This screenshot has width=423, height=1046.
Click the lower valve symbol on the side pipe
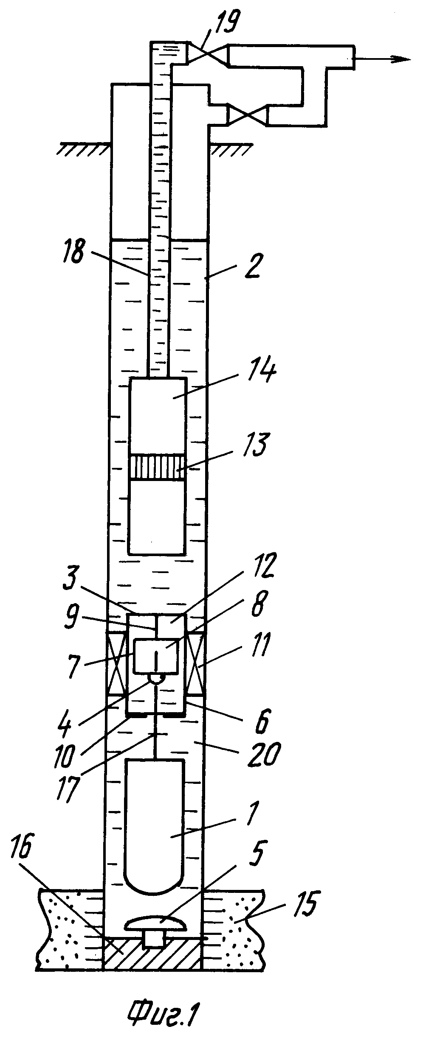(x=248, y=115)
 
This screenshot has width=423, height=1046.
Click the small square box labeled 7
(x=156, y=656)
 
